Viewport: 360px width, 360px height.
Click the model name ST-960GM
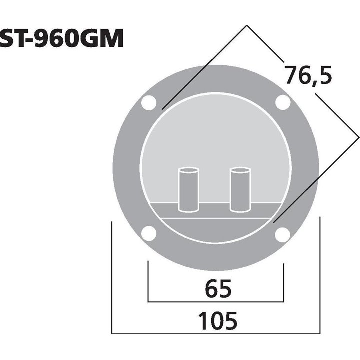point(62,39)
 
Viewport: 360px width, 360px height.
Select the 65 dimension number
point(217,288)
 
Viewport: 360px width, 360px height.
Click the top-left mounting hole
point(148,103)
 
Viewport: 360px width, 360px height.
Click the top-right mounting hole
point(283,103)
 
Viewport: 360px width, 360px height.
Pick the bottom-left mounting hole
point(148,233)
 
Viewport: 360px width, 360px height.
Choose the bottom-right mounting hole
point(283,234)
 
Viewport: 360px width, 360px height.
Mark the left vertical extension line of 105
point(112,280)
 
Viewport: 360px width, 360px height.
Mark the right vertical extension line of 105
point(320,280)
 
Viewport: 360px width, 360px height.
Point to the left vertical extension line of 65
point(148,282)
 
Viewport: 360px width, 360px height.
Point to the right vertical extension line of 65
point(284,282)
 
